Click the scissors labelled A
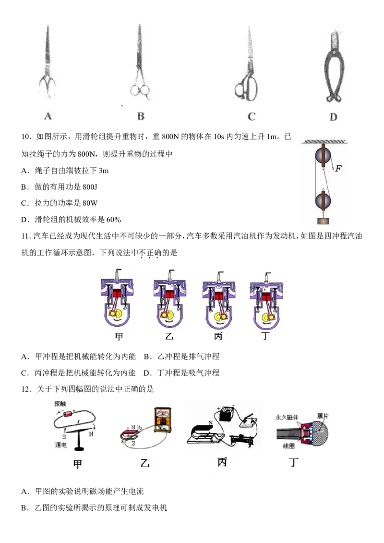click(48, 62)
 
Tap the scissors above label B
click(140, 62)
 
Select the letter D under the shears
click(333, 117)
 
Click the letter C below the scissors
click(252, 116)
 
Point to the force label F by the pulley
click(338, 168)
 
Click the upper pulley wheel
click(323, 156)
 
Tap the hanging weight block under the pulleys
click(323, 221)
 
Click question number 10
click(26, 136)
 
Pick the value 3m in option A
click(103, 171)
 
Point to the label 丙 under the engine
click(218, 336)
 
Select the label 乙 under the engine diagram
click(169, 336)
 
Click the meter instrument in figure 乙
click(162, 420)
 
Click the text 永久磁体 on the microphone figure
click(287, 417)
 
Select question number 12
click(26, 389)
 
